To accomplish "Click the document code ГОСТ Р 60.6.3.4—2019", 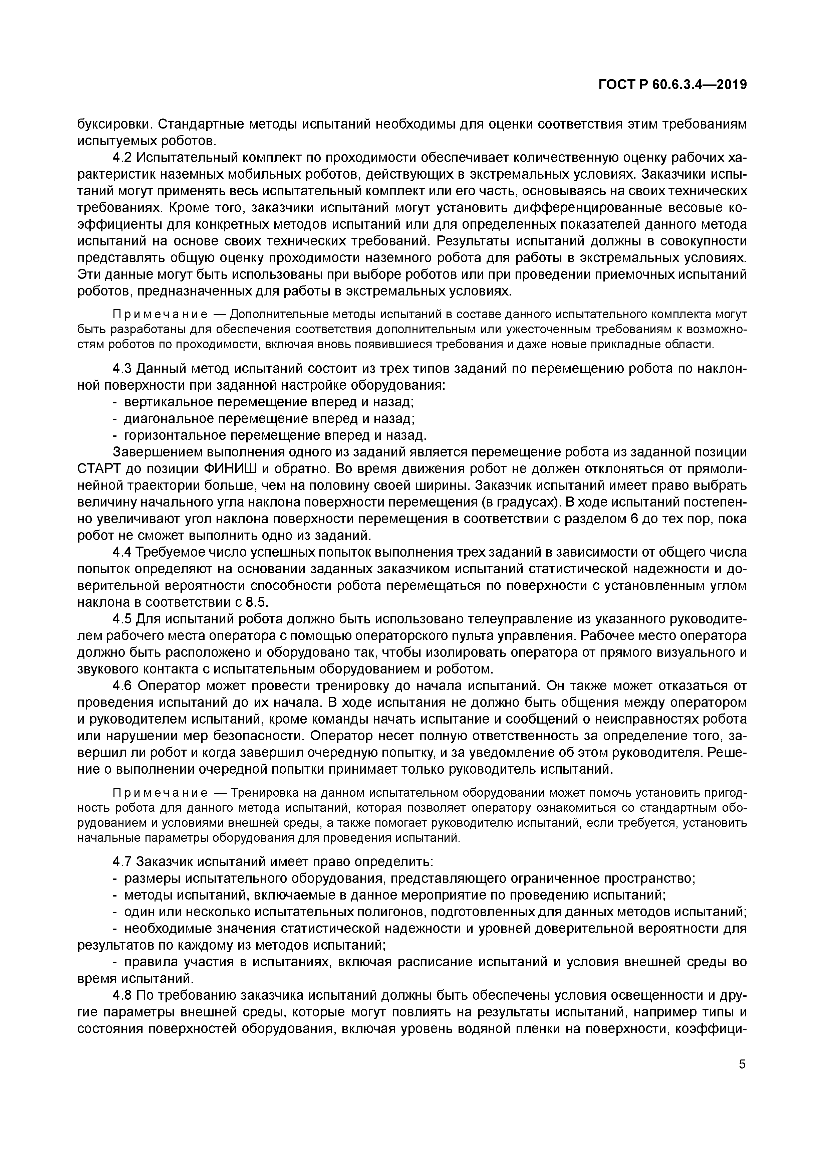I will tap(672, 85).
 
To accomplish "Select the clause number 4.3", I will tap(122, 368).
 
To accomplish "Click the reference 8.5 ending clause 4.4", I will tap(256, 602).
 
